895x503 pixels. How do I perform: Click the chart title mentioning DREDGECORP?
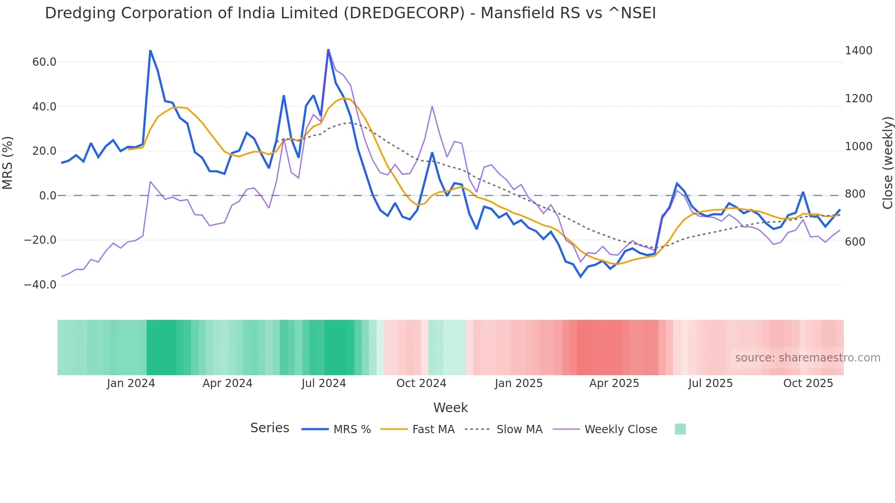tap(350, 13)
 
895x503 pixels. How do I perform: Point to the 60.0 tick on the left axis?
tap(44, 62)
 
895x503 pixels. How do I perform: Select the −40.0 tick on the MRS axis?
tap(40, 285)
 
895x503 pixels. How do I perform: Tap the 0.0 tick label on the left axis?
tap(47, 196)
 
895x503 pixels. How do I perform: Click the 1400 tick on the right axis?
tap(858, 51)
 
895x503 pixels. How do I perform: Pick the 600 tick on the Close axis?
tap(855, 242)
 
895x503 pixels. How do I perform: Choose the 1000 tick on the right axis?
tap(858, 147)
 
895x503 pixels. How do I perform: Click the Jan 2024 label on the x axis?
tap(131, 383)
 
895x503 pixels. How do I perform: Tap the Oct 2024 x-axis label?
tap(421, 383)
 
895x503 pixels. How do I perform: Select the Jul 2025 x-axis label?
tap(710, 383)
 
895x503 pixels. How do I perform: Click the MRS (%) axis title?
tap(8, 162)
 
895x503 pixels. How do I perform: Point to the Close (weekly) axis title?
tap(887, 163)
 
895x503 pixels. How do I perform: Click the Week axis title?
tap(450, 408)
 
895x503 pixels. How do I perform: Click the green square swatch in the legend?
tap(680, 429)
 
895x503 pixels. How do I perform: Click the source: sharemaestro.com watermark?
tap(807, 358)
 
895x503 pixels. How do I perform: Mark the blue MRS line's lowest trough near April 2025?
tap(581, 277)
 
